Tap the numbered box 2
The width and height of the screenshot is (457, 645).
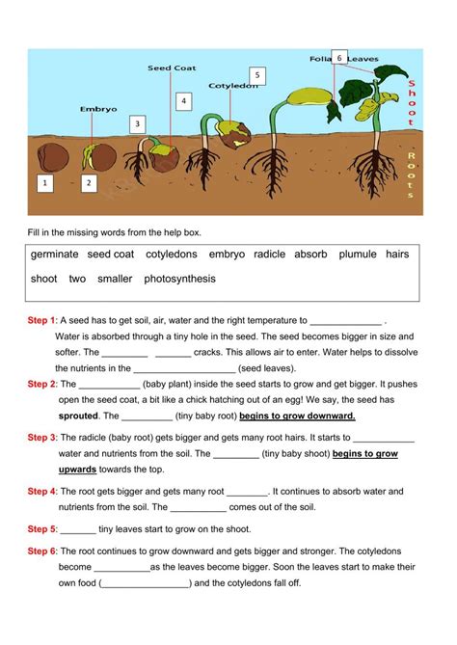pyautogui.click(x=89, y=181)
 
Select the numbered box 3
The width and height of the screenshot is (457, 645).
pyautogui.click(x=138, y=123)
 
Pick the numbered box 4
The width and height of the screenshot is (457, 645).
pyautogui.click(x=183, y=100)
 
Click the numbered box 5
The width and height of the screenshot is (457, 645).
pyautogui.click(x=255, y=75)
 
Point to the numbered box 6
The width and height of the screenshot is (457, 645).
pyautogui.click(x=339, y=58)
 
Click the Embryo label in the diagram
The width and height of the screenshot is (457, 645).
pyautogui.click(x=97, y=109)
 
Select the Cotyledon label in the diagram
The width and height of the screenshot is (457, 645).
pyautogui.click(x=234, y=86)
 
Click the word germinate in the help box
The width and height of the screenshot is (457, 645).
pyautogui.click(x=54, y=255)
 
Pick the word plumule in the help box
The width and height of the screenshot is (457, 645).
pyautogui.click(x=358, y=255)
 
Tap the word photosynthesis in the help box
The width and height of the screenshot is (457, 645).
pyautogui.click(x=179, y=279)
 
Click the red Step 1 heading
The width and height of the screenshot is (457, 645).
pyautogui.click(x=42, y=320)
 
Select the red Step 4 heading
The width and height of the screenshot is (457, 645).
pyautogui.click(x=42, y=491)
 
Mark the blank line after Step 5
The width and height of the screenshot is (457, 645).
pyautogui.click(x=78, y=529)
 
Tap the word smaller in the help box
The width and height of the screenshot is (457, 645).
pyautogui.click(x=115, y=279)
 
